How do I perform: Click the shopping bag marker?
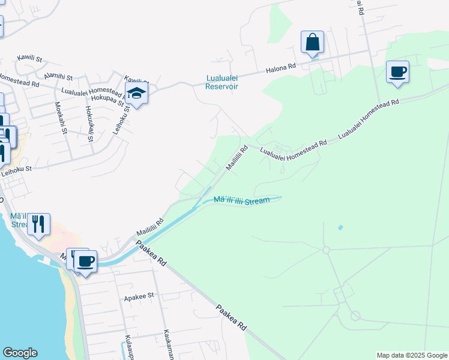(x=312, y=43)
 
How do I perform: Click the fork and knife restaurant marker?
(x=38, y=224)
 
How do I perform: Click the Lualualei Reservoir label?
(x=222, y=82)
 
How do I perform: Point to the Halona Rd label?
(x=282, y=68)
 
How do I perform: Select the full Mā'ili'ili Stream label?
(x=241, y=200)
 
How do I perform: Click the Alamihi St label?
(x=58, y=77)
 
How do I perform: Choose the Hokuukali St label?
(x=89, y=123)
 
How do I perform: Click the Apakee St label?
(x=139, y=296)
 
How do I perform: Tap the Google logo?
(x=20, y=353)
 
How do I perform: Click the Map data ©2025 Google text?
(x=412, y=355)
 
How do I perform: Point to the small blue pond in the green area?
(x=341, y=227)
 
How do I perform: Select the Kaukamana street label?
(x=168, y=344)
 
